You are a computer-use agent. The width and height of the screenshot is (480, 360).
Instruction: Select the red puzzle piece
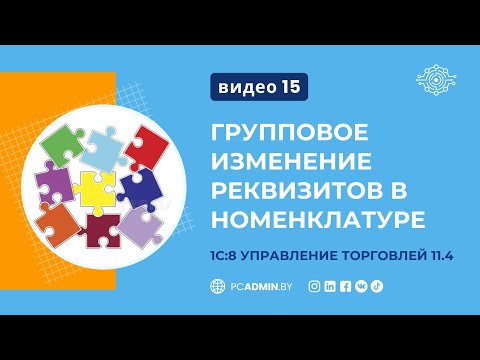(x=148, y=146)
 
